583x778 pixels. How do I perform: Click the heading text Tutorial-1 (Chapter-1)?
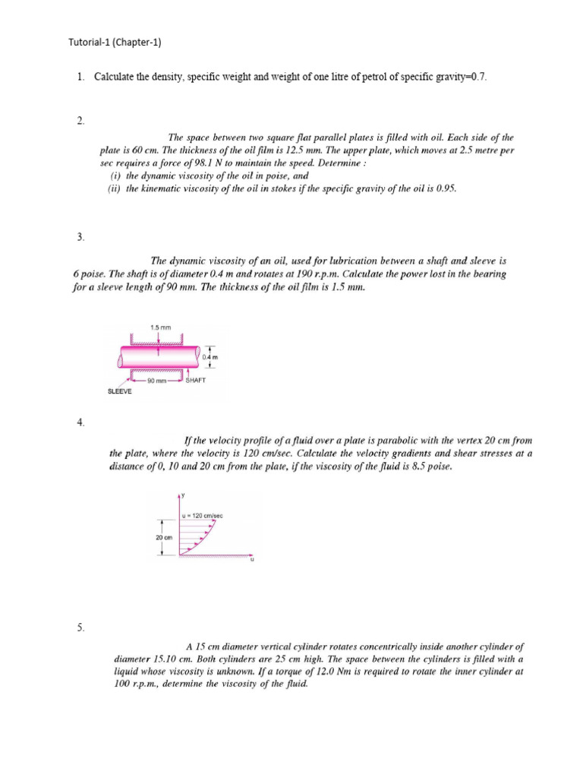pos(115,43)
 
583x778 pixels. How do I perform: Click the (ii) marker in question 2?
pos(115,188)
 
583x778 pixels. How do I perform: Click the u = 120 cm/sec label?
pos(202,516)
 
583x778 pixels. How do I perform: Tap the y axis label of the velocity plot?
pos(183,495)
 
